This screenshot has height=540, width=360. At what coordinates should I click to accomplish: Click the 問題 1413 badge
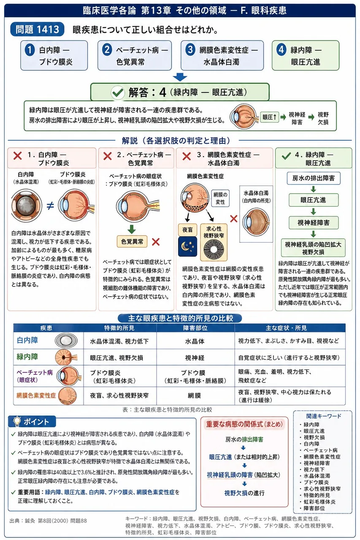(37, 29)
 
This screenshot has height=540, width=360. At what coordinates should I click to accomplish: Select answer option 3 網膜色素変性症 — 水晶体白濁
(222, 55)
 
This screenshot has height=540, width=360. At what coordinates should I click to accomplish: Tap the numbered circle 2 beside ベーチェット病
(107, 49)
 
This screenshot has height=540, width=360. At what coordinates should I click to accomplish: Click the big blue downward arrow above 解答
(180, 77)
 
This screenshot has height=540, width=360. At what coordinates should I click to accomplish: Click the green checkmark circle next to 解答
(118, 92)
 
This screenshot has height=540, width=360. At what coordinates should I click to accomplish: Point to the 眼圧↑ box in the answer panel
(269, 117)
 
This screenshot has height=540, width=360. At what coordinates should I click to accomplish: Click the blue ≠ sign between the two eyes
(50, 205)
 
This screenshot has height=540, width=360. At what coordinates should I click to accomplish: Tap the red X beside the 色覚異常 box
(156, 242)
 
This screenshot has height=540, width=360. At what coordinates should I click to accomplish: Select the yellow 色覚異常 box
(132, 241)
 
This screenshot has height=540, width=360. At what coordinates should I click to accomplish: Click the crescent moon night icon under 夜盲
(187, 246)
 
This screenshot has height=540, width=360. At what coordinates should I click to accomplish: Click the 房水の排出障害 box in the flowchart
(314, 178)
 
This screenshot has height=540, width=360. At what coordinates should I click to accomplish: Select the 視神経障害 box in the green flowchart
(314, 222)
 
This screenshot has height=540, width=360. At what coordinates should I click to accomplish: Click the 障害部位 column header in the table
(195, 328)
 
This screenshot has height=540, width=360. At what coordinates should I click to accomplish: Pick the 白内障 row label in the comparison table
(27, 340)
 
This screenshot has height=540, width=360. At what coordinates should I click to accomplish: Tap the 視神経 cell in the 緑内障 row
(195, 357)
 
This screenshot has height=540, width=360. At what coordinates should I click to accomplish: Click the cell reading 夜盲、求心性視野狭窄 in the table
(119, 396)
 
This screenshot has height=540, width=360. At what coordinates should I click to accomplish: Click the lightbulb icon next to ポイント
(17, 421)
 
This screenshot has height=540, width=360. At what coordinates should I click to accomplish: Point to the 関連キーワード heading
(324, 416)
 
